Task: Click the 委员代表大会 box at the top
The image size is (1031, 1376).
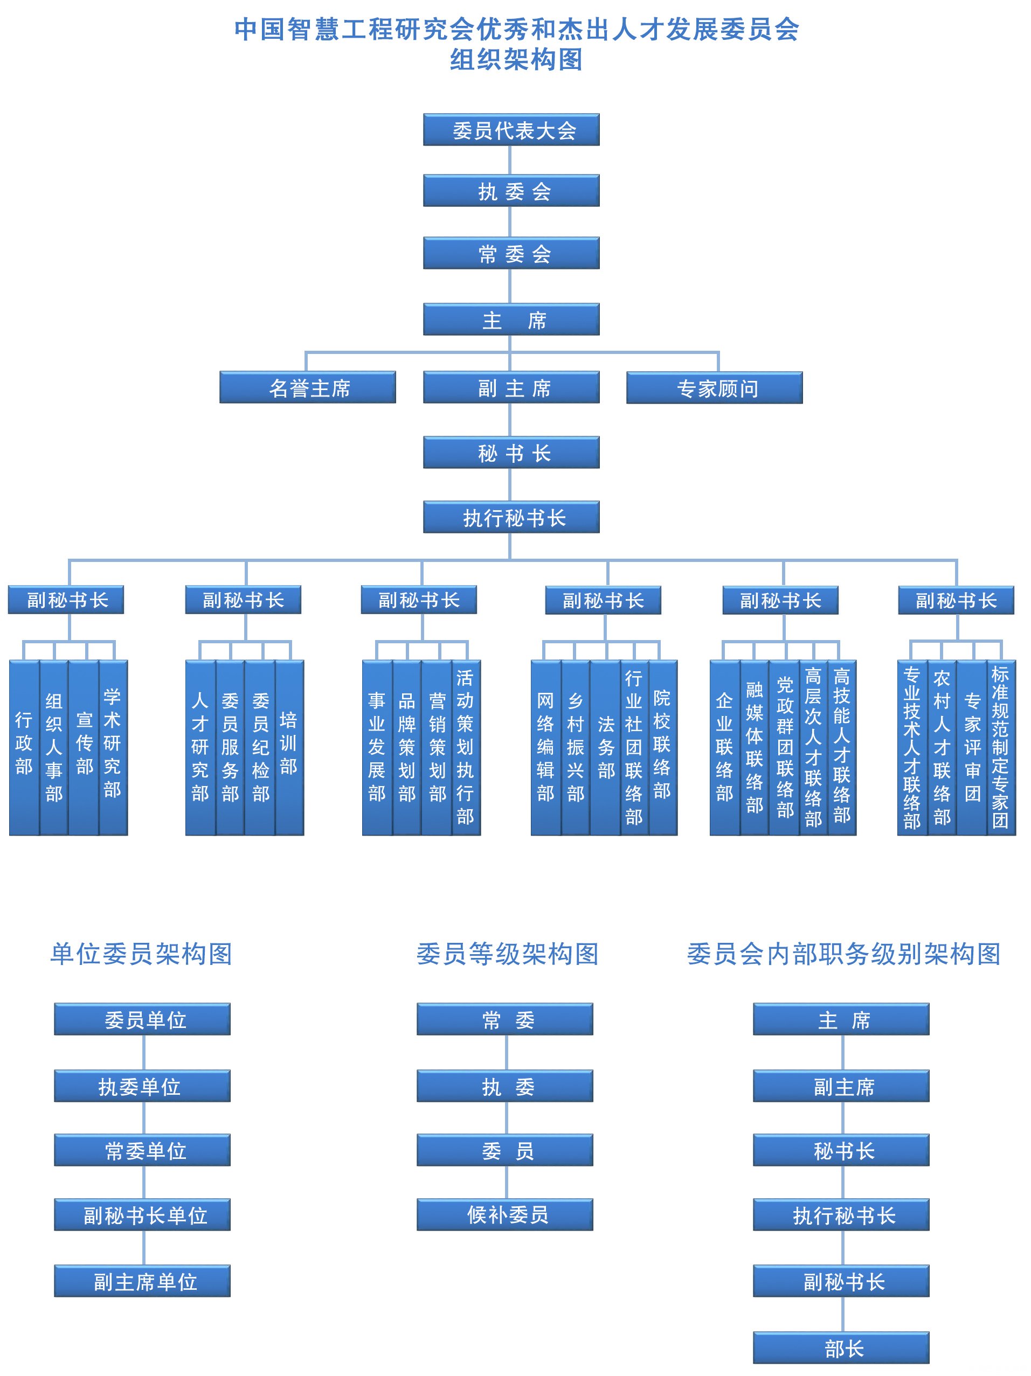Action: (511, 129)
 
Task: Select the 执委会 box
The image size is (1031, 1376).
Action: (511, 190)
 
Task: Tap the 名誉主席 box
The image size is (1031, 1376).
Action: (307, 387)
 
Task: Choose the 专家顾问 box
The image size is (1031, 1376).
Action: (714, 388)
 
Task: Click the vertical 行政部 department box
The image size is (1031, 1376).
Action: (24, 747)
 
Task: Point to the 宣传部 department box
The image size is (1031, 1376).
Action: (84, 747)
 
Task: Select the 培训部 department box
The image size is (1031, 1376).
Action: (289, 747)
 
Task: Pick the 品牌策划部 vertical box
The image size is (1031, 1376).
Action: (407, 747)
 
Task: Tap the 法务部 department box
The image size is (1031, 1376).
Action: (605, 747)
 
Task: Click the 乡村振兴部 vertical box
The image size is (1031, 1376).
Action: (576, 747)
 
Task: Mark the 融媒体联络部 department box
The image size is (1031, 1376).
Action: (754, 747)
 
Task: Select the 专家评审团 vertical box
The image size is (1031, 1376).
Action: (972, 747)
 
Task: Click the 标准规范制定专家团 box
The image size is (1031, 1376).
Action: (1000, 747)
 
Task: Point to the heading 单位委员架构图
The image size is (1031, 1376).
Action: (141, 954)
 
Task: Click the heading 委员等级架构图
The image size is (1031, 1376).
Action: (507, 954)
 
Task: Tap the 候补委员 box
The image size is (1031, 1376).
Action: (504, 1214)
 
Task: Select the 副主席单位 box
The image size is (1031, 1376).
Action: (142, 1281)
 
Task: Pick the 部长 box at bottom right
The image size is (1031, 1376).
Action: (841, 1348)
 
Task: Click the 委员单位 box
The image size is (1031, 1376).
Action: (142, 1019)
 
